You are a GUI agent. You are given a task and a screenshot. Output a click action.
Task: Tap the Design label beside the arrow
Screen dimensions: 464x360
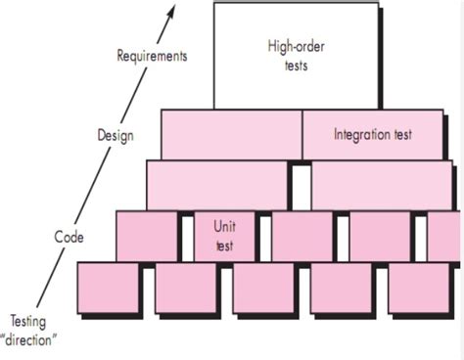(x=116, y=135)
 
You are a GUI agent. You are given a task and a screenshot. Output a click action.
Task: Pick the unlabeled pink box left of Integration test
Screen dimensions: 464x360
(x=231, y=134)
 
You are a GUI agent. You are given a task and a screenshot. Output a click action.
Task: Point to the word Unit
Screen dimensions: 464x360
(x=225, y=227)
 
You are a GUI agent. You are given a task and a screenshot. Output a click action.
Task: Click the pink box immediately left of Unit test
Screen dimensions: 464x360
(x=147, y=237)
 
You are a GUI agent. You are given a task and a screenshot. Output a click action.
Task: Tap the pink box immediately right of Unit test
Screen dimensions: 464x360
(x=302, y=237)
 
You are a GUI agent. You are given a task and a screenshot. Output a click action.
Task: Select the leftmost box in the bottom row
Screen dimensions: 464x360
(x=108, y=291)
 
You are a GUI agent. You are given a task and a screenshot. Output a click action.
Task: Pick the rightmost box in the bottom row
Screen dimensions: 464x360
(x=421, y=291)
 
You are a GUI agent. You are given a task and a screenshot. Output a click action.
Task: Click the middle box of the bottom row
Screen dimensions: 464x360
(x=264, y=291)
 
